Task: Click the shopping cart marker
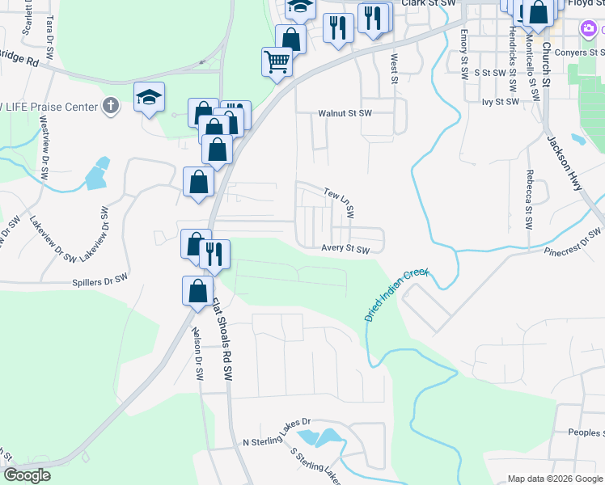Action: [x=277, y=61]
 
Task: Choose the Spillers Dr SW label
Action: [x=99, y=278]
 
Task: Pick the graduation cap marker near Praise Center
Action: [x=150, y=98]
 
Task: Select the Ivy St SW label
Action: [x=499, y=103]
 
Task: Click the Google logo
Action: [x=27, y=475]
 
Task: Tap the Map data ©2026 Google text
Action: [x=554, y=479]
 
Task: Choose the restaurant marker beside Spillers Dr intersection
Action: [x=214, y=253]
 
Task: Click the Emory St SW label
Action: [x=464, y=54]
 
